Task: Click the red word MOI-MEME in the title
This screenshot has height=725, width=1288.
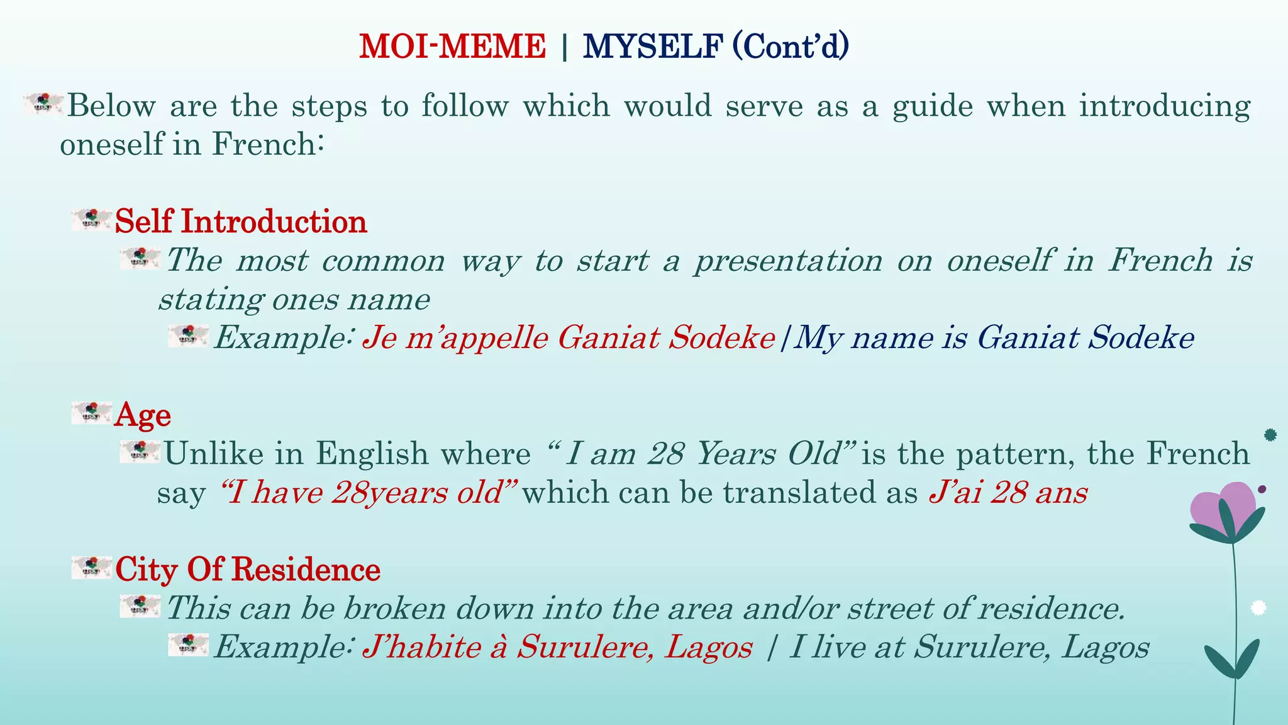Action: tap(452, 47)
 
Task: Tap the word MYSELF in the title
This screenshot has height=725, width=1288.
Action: tap(653, 47)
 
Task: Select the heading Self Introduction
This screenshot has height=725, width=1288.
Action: tap(240, 222)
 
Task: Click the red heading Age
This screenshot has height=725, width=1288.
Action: tap(143, 415)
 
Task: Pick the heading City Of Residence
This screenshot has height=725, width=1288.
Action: tap(248, 570)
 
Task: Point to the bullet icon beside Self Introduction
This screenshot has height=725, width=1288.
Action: tap(92, 220)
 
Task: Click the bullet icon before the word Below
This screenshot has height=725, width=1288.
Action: tap(44, 103)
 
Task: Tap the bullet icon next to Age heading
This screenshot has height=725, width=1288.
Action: tap(92, 412)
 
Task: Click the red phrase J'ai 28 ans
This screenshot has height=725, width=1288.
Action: tap(1008, 492)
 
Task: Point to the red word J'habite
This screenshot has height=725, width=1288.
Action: tap(422, 647)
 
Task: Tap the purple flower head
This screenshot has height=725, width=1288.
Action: tap(1223, 507)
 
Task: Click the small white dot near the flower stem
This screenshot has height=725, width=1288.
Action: tap(1258, 607)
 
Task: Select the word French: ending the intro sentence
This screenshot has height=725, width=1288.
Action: tap(268, 144)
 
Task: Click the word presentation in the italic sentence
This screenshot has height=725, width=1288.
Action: tap(789, 261)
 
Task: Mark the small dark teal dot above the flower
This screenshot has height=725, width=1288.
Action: tap(1270, 435)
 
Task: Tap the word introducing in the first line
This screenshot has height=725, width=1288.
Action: tap(1165, 105)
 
